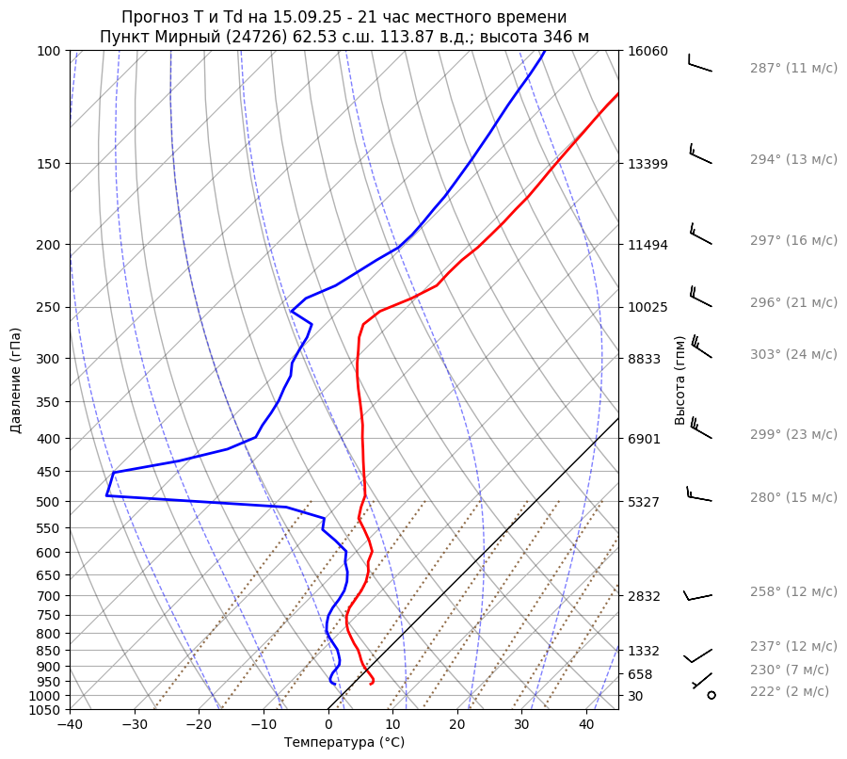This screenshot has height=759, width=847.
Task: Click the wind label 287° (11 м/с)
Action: (793, 69)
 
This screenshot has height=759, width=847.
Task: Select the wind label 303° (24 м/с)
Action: (793, 355)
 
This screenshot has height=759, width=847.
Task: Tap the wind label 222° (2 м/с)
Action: (790, 692)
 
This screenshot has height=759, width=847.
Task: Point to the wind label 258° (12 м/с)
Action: (793, 592)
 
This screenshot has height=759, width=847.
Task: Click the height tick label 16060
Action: (647, 51)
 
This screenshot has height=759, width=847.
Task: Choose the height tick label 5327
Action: (644, 501)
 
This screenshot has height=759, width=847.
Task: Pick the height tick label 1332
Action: (644, 651)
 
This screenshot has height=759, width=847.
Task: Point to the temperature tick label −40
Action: (70, 725)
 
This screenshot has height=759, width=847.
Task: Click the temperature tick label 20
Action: (456, 725)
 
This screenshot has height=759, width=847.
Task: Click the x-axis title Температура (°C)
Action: (344, 743)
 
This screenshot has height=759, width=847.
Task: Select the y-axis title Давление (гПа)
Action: (16, 379)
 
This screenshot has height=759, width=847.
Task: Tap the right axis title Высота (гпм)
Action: (680, 379)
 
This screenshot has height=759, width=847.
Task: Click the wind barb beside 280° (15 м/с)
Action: (699, 493)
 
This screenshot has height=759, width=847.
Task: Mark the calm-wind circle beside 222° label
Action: (711, 695)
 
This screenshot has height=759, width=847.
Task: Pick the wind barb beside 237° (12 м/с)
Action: (697, 655)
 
